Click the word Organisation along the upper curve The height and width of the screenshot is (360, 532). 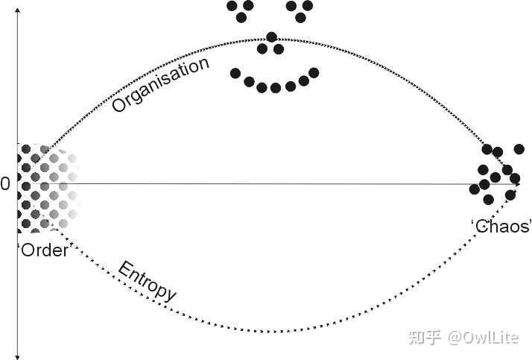(160, 84)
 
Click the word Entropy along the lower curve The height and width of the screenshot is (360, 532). (147, 281)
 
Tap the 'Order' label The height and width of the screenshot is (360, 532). (43, 250)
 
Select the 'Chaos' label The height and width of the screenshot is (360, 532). (501, 226)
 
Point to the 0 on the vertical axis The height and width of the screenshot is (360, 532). (5, 184)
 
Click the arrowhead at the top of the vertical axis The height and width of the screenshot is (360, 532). (18, 10)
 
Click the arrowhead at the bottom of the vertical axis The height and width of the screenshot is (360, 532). (18, 356)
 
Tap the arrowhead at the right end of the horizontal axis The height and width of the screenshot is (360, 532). (517, 184)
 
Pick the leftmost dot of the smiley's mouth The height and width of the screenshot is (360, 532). (235, 73)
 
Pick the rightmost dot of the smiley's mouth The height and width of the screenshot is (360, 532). (314, 72)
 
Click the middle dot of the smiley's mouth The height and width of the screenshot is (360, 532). (276, 88)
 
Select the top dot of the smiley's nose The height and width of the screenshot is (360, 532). (271, 37)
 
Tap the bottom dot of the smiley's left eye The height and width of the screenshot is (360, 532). (241, 18)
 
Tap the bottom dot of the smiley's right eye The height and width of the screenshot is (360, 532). (300, 18)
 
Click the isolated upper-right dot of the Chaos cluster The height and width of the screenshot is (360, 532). (519, 148)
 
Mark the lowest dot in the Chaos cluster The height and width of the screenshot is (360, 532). (488, 200)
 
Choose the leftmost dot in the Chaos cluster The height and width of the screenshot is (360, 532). (475, 189)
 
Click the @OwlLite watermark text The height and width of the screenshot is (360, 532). (483, 338)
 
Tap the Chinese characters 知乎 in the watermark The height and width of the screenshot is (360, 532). (425, 338)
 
